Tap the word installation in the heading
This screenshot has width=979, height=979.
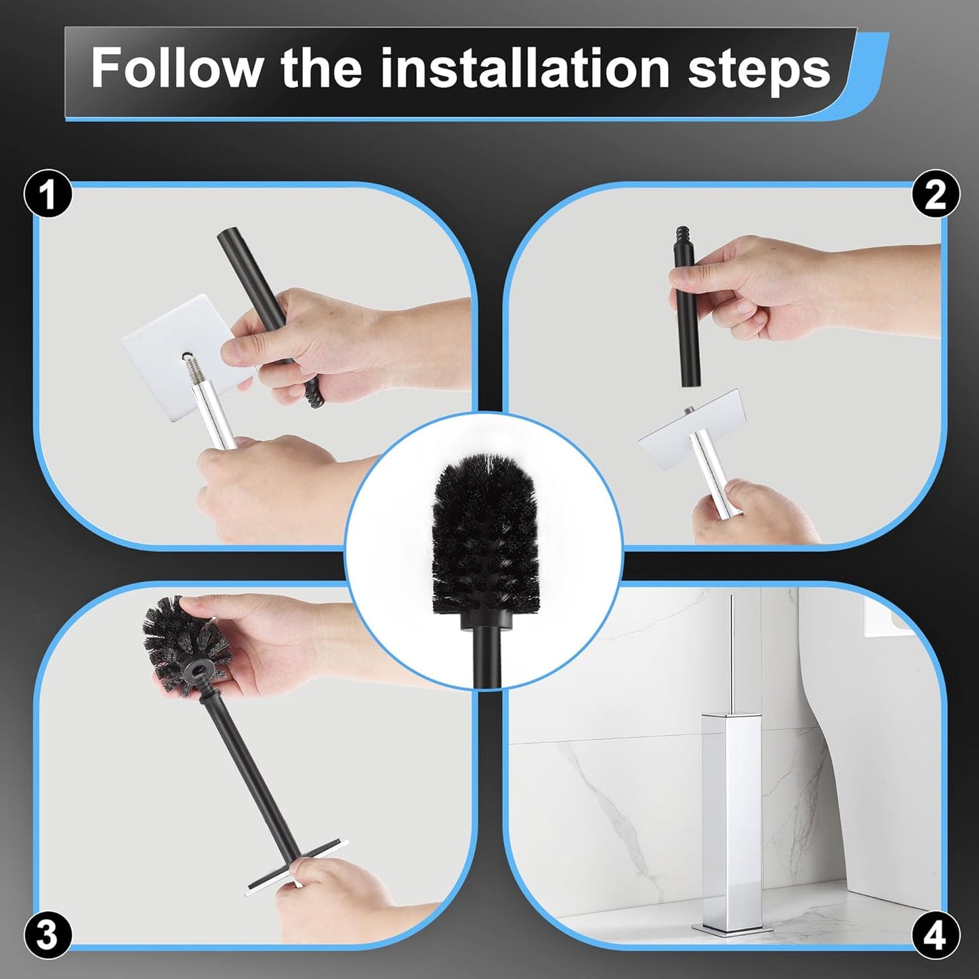click(x=524, y=68)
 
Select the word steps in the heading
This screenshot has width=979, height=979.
click(x=759, y=69)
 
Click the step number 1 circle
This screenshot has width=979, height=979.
click(x=48, y=195)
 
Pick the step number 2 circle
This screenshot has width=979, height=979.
click(x=936, y=195)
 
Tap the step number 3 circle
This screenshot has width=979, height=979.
click(x=48, y=935)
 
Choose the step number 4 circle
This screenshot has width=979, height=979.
click(x=936, y=936)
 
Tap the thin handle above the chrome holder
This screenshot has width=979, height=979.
click(x=732, y=650)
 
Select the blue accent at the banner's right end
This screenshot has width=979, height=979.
click(x=867, y=75)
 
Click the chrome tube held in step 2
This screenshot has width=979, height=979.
click(x=708, y=467)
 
